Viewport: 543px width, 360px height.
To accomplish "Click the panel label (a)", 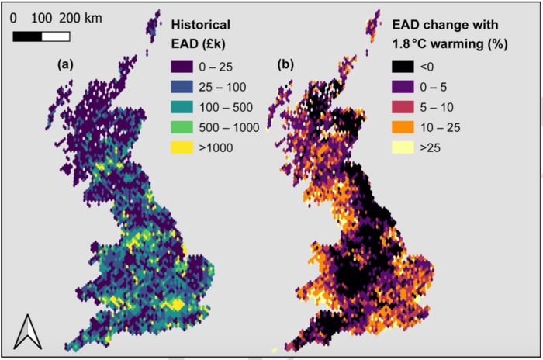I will [66, 64].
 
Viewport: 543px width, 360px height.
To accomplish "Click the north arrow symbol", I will [28, 331].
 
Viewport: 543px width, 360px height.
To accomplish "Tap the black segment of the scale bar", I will [27, 36].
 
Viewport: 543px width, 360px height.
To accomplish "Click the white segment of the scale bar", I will [56, 36].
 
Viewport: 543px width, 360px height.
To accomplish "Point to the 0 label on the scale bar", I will [13, 16].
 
